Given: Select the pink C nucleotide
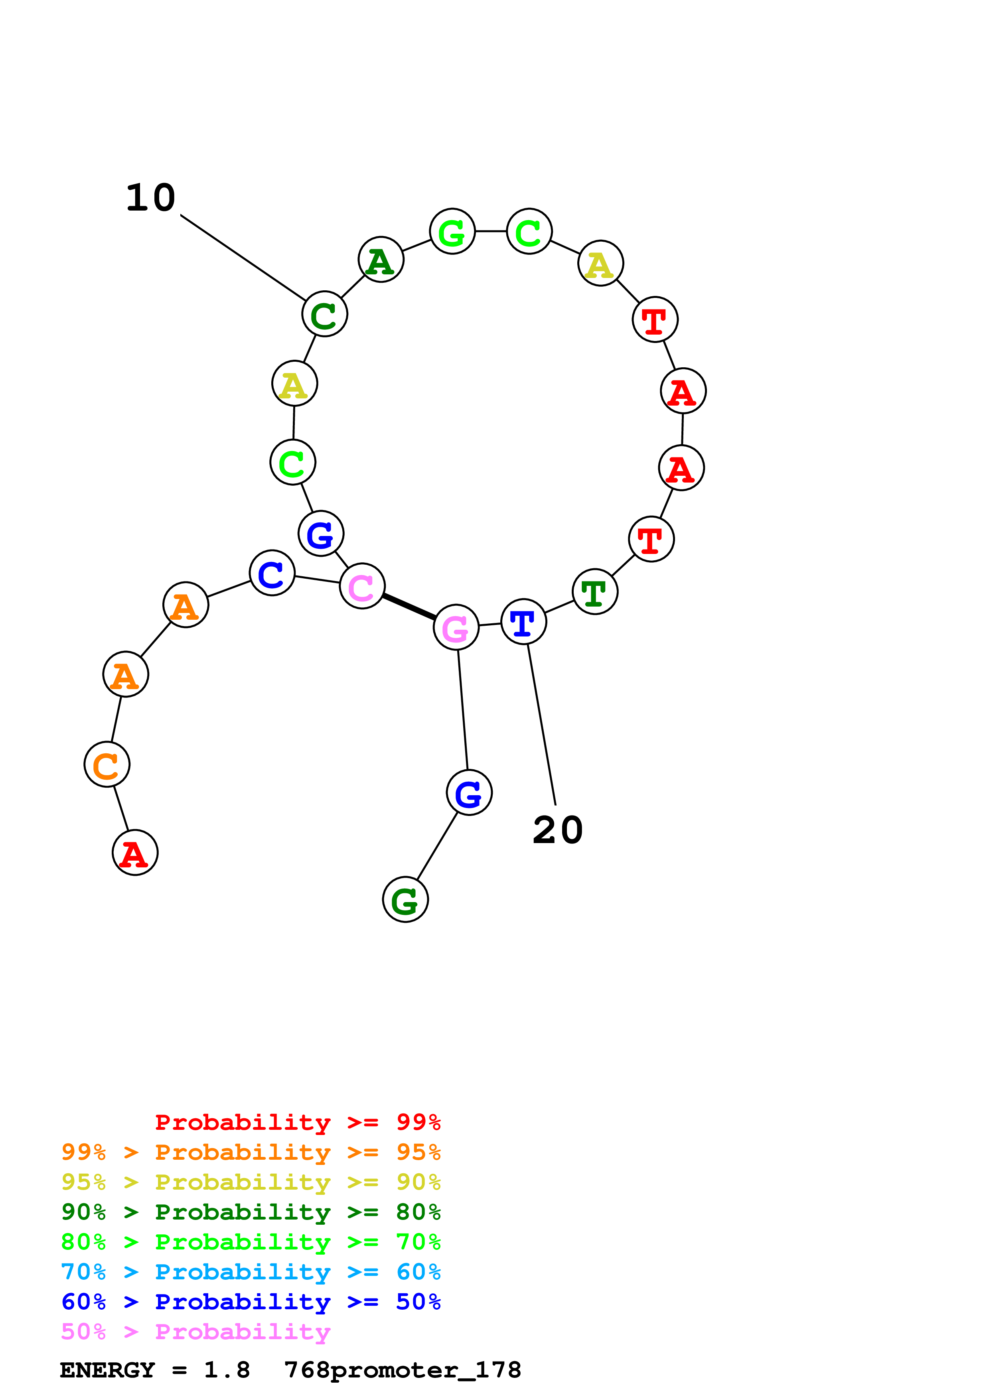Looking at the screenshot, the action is click(362, 586).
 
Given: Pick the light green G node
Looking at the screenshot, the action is click(452, 232).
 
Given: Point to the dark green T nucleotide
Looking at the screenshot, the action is click(595, 592).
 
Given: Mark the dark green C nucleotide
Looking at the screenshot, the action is click(325, 314).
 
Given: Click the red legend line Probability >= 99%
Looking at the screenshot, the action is click(297, 1122).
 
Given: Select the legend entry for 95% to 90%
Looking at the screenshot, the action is click(251, 1182).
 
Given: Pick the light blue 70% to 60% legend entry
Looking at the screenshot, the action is click(251, 1272).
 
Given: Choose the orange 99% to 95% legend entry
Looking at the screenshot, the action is click(251, 1152).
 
